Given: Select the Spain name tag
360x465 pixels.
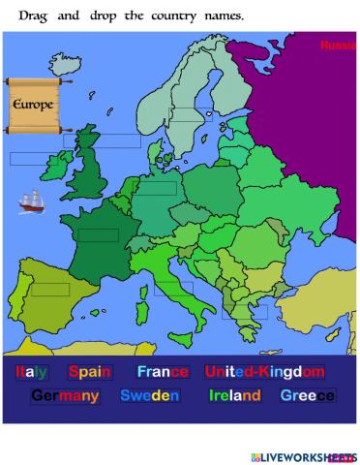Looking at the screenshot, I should (x=90, y=372).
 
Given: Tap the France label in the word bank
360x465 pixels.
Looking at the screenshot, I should (x=163, y=372).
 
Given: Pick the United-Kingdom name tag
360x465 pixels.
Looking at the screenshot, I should (x=263, y=372).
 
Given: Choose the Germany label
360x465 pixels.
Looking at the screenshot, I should (x=65, y=396).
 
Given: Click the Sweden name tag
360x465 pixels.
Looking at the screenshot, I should (x=149, y=396).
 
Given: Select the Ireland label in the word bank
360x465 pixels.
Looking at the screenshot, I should (x=232, y=396).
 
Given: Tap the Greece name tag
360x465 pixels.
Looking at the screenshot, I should (x=307, y=396).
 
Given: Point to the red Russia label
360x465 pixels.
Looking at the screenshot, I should (x=338, y=46).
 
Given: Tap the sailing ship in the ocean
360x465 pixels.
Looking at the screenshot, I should (x=32, y=202).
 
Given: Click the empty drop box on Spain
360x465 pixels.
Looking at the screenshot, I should (x=50, y=289).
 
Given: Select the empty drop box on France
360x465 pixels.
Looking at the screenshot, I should (x=98, y=235).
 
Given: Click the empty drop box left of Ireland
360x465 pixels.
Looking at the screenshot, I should (x=28, y=158).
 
